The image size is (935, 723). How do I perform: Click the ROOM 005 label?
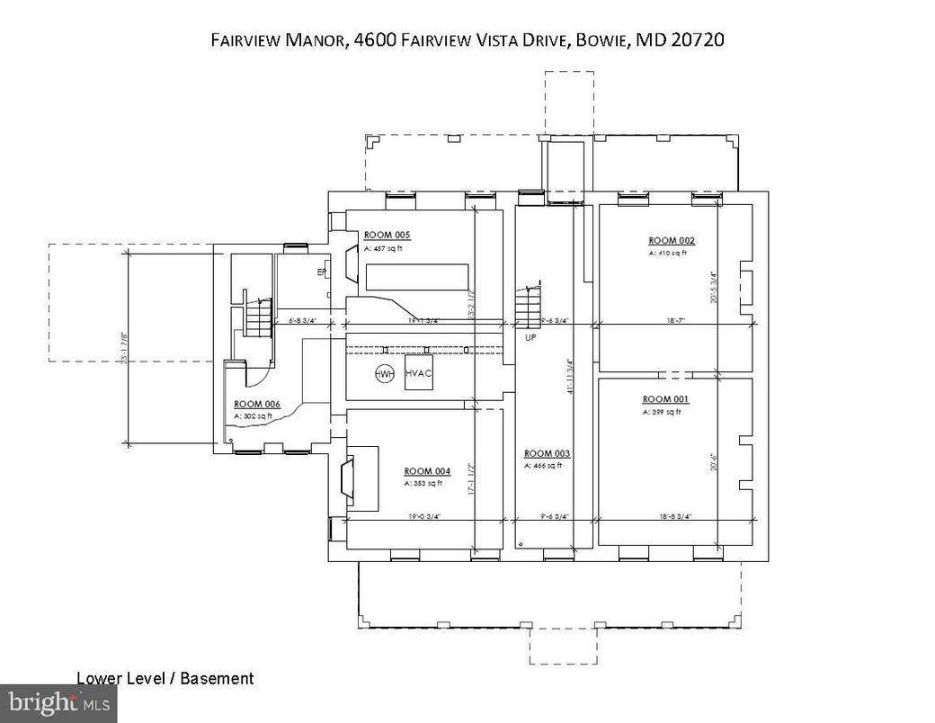click(387, 235)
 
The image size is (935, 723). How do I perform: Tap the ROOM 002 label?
click(672, 240)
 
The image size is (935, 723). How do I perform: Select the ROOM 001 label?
click(664, 398)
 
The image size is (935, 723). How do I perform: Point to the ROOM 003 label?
click(547, 453)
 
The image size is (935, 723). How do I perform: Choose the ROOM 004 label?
click(427, 471)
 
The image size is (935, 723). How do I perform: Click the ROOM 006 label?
click(257, 404)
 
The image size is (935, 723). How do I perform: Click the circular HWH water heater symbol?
click(385, 374)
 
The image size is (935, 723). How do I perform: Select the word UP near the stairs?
click(530, 337)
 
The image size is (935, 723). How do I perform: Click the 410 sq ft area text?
click(667, 254)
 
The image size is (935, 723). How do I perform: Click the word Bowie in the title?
click(601, 40)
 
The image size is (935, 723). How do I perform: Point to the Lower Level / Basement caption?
click(165, 679)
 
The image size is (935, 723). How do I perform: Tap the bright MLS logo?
click(58, 702)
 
